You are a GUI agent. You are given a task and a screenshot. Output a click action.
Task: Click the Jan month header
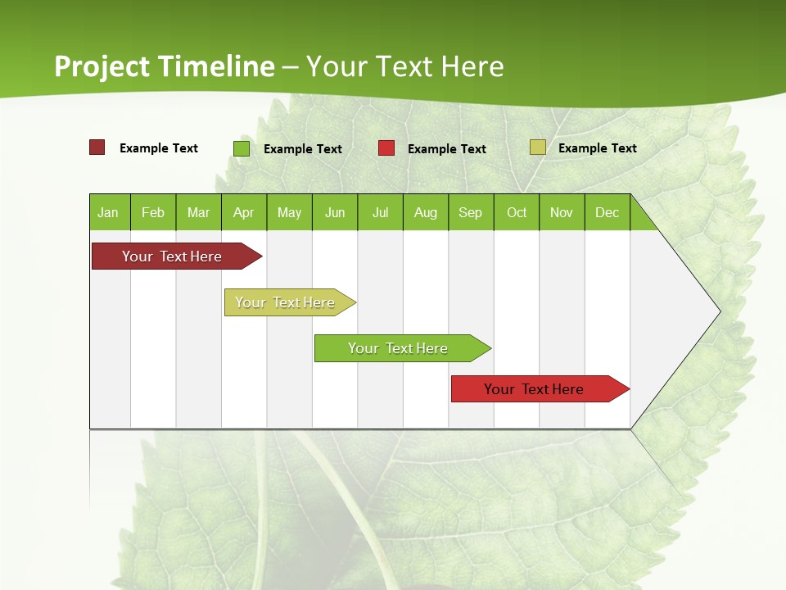pos(108,213)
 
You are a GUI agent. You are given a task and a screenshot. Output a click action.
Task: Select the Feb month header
pos(153,213)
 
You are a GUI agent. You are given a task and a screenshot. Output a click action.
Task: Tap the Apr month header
pos(243,213)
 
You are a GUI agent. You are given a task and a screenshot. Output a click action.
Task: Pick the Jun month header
pos(335,213)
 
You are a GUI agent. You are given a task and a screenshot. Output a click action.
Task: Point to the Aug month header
pos(426,213)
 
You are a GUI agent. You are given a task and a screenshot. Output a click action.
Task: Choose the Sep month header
pos(471,213)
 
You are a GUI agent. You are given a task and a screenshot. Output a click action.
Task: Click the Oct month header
pos(517,213)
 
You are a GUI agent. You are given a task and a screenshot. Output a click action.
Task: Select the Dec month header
pos(608,213)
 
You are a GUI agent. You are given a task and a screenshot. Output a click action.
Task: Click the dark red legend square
pos(97,147)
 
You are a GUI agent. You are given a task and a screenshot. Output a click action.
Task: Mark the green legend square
pos(242,148)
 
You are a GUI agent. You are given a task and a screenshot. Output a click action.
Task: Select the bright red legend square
pos(386,148)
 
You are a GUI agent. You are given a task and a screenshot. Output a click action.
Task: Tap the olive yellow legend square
pos(537,147)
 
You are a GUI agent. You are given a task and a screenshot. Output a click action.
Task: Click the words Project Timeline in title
pos(164,66)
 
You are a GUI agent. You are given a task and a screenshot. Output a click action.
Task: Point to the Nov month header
pos(562,213)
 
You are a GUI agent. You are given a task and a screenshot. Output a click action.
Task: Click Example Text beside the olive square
pos(597,148)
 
